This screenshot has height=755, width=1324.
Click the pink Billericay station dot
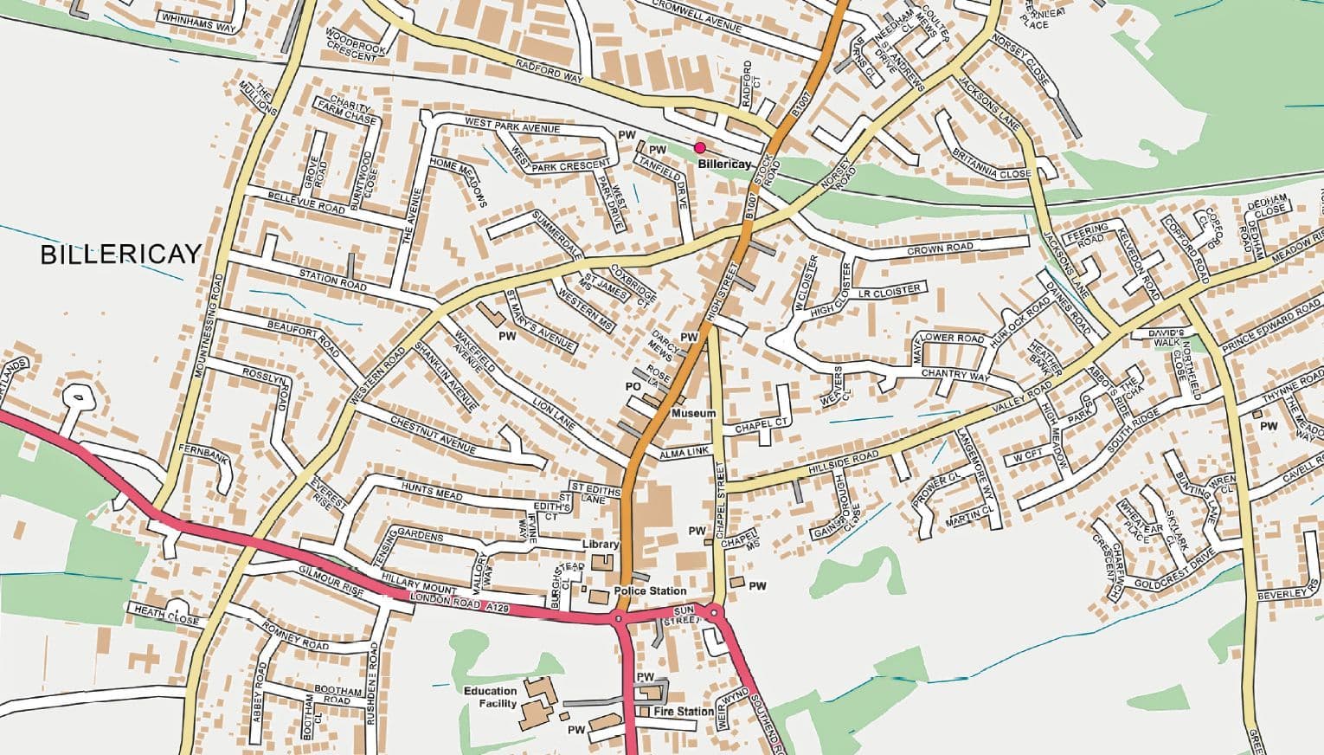pos(699,148)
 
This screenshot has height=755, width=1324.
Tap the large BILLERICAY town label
pos(120,255)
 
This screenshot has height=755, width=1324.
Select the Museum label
pos(694,414)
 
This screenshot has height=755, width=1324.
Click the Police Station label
pos(650,590)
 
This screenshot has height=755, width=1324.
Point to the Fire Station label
pos(684,712)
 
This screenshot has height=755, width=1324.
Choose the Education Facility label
pos(490,697)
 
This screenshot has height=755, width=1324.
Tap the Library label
pos(600,545)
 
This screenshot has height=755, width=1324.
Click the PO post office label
pos(632,386)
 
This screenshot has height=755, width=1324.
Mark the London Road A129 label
pos(460,604)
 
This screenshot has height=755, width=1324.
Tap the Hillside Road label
pos(843,461)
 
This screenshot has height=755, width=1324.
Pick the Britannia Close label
pos(992,165)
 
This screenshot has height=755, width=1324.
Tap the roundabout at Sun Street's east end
pos(714,613)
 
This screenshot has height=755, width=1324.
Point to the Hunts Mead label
pos(432,493)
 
